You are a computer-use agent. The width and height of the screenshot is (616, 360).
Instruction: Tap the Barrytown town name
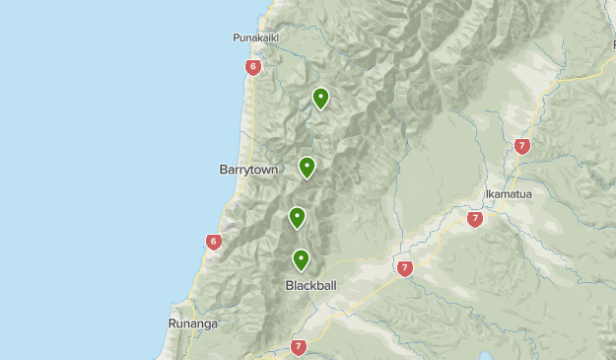pos(248,170)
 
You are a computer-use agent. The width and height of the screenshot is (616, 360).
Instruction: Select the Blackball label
pos(310,285)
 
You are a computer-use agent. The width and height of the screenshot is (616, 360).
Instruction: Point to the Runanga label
pos(191,323)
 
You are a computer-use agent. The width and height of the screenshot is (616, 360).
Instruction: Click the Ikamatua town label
pos(509,194)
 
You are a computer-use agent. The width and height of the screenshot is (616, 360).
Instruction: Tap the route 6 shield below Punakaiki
pos(253,67)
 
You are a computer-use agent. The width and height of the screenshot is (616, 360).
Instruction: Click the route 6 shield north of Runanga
pos(214,242)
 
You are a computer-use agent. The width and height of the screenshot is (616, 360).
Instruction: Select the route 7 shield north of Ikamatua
pos(521,146)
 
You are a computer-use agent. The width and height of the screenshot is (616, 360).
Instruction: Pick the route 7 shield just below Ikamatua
pos(475,219)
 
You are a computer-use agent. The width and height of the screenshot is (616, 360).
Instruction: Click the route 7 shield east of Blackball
pos(404,267)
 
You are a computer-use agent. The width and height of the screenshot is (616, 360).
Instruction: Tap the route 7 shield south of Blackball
pos(299,346)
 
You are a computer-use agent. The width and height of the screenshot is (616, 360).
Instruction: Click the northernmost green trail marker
pos(320,98)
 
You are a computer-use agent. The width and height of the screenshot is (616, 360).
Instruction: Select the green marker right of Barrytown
pos(307,167)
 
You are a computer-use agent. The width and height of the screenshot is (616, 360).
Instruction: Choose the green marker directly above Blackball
pos(301,259)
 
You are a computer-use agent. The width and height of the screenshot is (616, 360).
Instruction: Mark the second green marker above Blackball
pos(297,217)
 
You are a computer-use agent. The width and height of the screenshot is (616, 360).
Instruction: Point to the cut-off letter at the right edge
pos(612,44)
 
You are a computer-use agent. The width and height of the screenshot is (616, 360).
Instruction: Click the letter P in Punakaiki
pos(237,37)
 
